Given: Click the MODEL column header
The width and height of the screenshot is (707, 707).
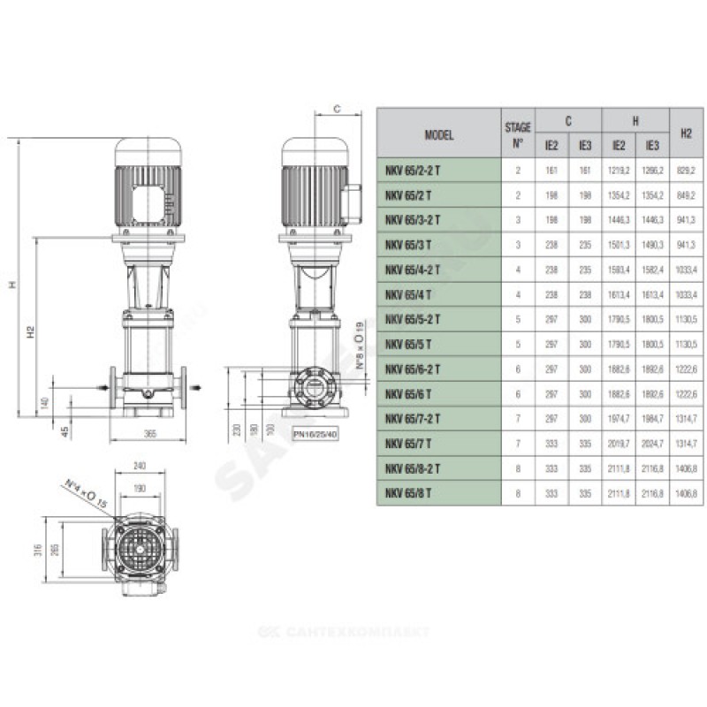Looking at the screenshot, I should pyautogui.click(x=438, y=134).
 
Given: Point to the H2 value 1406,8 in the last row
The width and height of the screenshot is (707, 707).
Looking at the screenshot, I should pyautogui.click(x=686, y=492).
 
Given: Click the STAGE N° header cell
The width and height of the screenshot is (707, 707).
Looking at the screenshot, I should pyautogui.click(x=518, y=134).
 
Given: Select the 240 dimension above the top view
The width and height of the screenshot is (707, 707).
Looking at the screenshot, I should pyautogui.click(x=136, y=465).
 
